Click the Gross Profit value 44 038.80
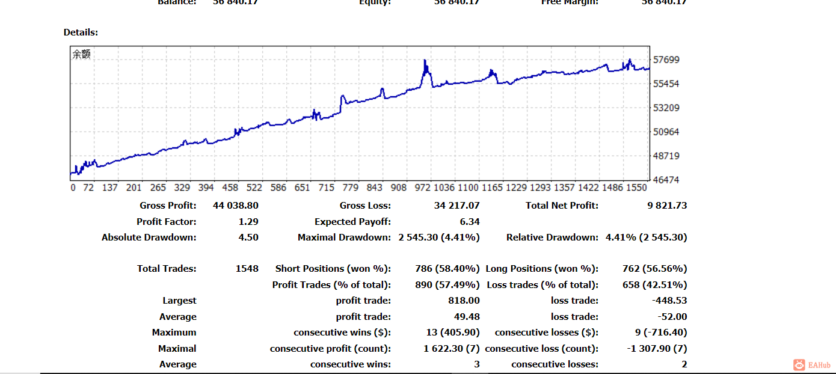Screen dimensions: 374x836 click(x=235, y=206)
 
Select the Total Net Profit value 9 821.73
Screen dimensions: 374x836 click(x=666, y=206)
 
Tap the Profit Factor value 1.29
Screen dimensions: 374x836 click(x=248, y=222)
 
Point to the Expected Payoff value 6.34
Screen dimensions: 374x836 click(x=470, y=222)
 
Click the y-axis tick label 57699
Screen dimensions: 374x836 click(x=666, y=60)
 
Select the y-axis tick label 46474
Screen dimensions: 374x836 click(x=666, y=180)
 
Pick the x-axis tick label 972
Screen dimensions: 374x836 click(x=423, y=188)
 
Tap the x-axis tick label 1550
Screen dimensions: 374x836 click(x=636, y=188)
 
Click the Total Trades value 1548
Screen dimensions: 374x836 click(x=247, y=269)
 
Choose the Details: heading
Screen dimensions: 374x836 click(x=81, y=32)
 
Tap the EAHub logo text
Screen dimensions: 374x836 click(x=819, y=365)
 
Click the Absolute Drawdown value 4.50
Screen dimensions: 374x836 click(x=248, y=238)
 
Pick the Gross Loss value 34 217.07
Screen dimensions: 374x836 click(x=456, y=206)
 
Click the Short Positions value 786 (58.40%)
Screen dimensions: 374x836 click(x=447, y=269)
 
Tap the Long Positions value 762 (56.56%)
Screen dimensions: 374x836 click(x=654, y=269)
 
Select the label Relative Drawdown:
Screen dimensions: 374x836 click(x=552, y=238)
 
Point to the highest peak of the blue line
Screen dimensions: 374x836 click(x=425, y=60)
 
